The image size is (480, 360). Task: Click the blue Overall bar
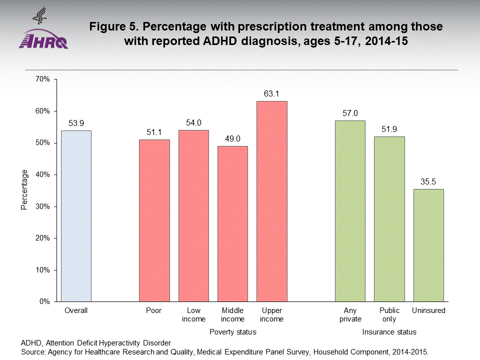click(x=76, y=216)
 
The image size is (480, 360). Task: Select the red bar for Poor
click(x=154, y=220)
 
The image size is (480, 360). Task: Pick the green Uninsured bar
click(x=428, y=245)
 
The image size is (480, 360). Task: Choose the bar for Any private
click(x=350, y=211)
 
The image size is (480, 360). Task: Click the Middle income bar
click(x=232, y=223)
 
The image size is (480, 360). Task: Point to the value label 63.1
click(x=272, y=94)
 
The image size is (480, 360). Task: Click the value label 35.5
click(x=428, y=181)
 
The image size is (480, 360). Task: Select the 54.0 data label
click(x=193, y=122)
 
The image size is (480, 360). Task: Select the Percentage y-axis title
click(x=24, y=189)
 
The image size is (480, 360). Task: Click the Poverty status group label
click(x=232, y=332)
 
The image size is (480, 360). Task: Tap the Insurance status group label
click(x=389, y=332)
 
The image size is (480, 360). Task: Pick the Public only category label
click(x=389, y=315)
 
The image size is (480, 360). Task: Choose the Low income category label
click(x=193, y=315)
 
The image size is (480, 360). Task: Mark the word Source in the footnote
click(x=32, y=351)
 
